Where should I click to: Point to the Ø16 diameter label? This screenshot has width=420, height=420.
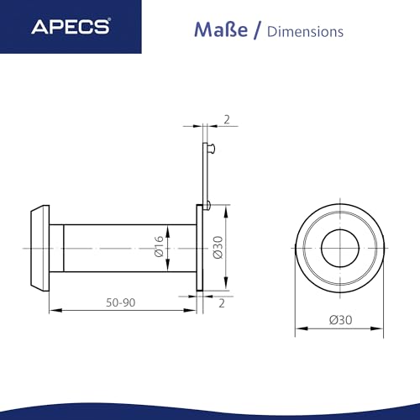157,249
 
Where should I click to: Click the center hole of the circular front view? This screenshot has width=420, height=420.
340,247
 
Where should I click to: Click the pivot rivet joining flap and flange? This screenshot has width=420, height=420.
207,204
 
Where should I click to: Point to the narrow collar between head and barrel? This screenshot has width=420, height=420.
59,247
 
